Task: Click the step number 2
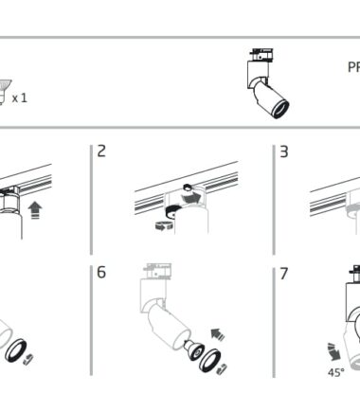click(x=101, y=151)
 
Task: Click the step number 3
click(x=284, y=152)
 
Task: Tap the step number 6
click(x=101, y=272)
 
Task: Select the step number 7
click(x=284, y=274)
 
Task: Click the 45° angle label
click(x=336, y=373)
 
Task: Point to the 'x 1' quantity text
click(x=20, y=98)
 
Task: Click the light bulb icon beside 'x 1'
click(x=4, y=92)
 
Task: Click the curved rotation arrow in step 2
click(x=164, y=226)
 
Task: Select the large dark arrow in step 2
click(x=190, y=198)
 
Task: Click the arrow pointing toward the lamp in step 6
click(x=218, y=334)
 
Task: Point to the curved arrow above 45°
click(x=334, y=351)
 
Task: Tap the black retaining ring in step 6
click(x=209, y=360)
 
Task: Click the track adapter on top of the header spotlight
click(x=261, y=55)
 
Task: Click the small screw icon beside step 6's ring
click(x=223, y=369)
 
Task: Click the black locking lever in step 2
click(x=172, y=210)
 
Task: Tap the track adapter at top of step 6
click(x=157, y=271)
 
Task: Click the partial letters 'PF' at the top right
click(x=353, y=67)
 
